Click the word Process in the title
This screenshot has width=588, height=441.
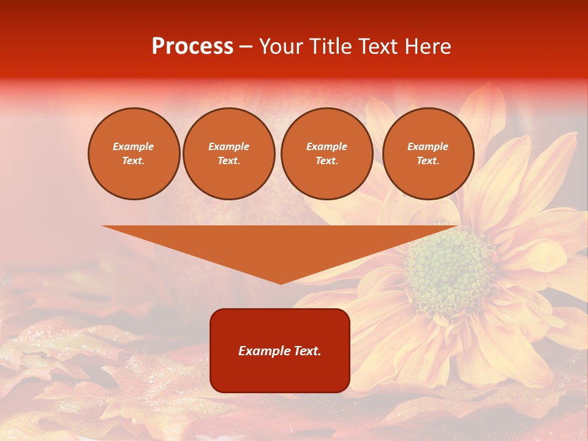192,47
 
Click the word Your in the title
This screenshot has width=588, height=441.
280,47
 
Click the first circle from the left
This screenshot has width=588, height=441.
134,154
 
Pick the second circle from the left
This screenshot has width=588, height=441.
228,154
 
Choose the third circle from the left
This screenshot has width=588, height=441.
326,154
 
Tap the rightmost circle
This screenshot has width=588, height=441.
428,154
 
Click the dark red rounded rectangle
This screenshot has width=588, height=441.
280,374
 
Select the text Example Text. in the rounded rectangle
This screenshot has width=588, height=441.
280,351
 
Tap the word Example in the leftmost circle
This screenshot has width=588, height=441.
134,146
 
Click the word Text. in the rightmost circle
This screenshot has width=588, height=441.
428,161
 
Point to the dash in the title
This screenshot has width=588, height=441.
246,47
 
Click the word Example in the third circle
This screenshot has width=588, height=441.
326,146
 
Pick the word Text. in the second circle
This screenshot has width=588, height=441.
228,161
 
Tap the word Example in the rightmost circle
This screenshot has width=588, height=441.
428,146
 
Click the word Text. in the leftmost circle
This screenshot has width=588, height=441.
134,161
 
